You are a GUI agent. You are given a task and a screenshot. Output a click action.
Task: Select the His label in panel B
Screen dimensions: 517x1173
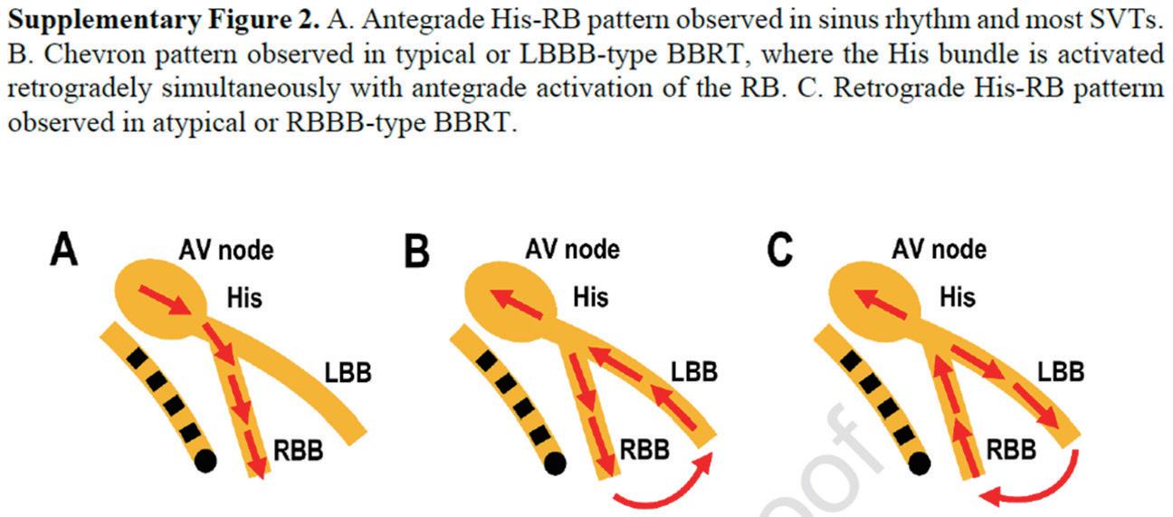tap(591, 296)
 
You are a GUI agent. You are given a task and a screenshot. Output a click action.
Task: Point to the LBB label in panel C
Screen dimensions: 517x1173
tap(1058, 372)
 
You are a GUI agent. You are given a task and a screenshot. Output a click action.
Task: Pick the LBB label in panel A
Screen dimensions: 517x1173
tap(348, 372)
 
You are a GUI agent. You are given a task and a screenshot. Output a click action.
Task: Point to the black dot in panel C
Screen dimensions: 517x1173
tap(919, 464)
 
